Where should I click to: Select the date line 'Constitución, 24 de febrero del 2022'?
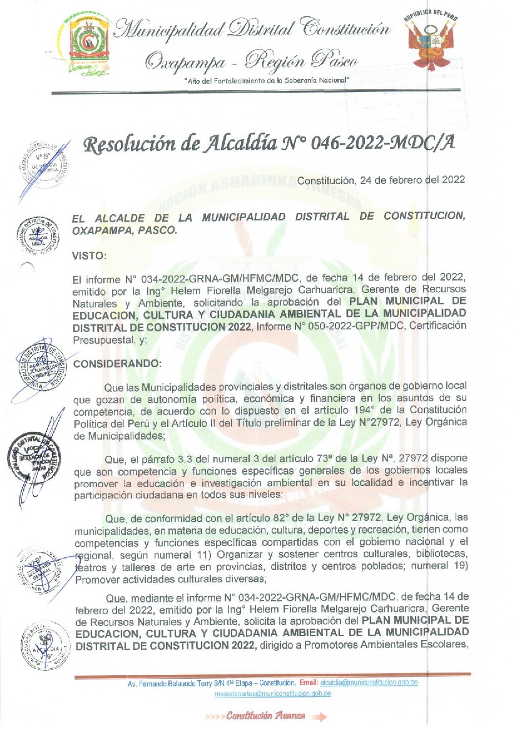click(x=381, y=180)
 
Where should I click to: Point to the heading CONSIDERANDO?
click(x=118, y=363)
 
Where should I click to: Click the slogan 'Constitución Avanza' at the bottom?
click(x=266, y=716)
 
